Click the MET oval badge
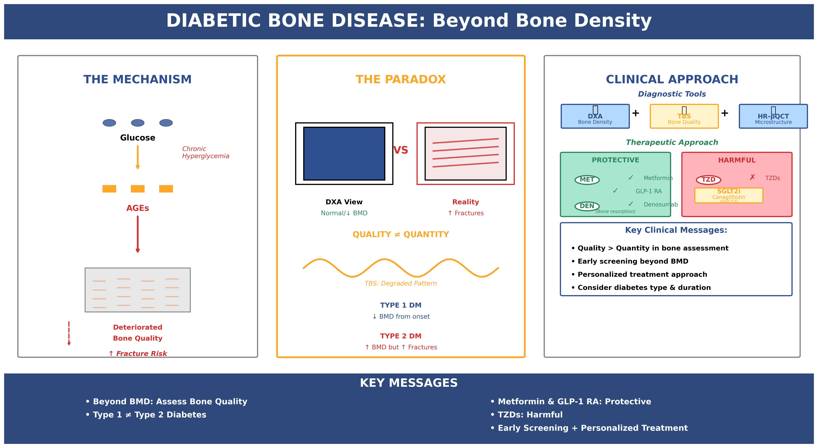587,180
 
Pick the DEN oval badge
587,206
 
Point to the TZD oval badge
708,180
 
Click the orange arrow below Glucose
137,157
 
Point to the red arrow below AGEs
137,234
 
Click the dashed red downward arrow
69,333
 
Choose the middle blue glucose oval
137,123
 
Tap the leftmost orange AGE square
109,189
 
